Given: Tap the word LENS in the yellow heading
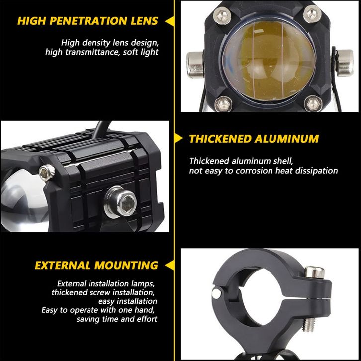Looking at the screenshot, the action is pyautogui.click(x=144, y=21).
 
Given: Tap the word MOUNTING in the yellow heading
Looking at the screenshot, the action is pyautogui.click(x=126, y=265).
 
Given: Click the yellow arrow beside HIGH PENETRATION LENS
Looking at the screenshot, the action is pyautogui.click(x=170, y=21).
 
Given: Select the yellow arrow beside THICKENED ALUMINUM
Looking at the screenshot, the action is pyautogui.click(x=179, y=139).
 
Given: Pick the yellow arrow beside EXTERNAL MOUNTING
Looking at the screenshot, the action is pyautogui.click(x=170, y=265).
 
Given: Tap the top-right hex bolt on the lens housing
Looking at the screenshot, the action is pyautogui.click(x=312, y=13).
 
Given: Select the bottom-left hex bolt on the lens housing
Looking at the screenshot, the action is pyautogui.click(x=223, y=104).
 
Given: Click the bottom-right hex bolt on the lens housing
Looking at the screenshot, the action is pyautogui.click(x=313, y=103).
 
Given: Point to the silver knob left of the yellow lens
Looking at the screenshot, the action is pyautogui.click(x=195, y=65).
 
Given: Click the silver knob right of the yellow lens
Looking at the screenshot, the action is pyautogui.click(x=345, y=63).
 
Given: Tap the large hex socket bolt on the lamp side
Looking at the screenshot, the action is pyautogui.click(x=120, y=202).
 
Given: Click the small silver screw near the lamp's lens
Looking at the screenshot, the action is pyautogui.click(x=47, y=173).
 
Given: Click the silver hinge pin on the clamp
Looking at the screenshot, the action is pyautogui.click(x=216, y=293).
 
